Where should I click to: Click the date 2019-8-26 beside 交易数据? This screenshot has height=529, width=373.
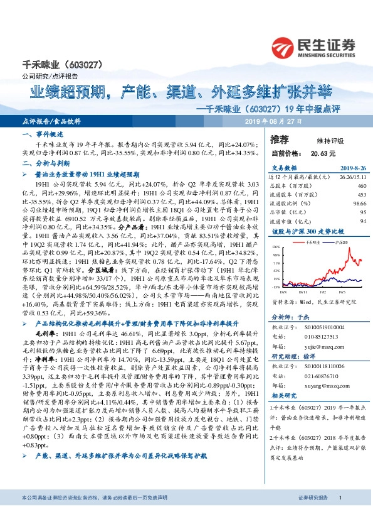point(352,168)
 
